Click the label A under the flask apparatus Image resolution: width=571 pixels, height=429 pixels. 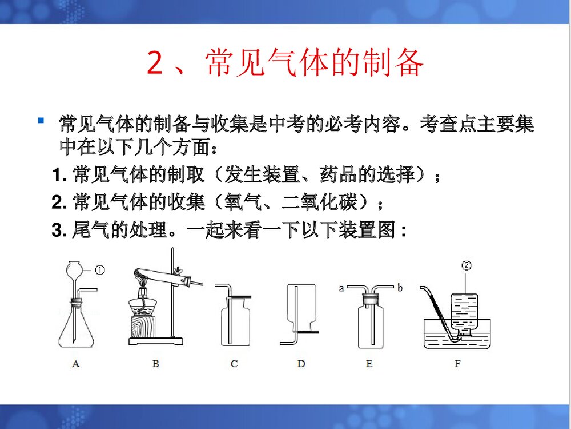76,364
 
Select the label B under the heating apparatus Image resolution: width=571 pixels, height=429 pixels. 155,364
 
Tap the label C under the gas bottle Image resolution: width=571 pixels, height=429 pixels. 234,364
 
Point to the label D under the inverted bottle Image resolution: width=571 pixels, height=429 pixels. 301,364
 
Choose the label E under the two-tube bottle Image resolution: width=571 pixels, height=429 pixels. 369,364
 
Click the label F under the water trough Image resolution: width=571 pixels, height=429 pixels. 457,364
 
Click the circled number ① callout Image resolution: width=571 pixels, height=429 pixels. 99,270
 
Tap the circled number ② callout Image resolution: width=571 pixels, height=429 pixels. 467,265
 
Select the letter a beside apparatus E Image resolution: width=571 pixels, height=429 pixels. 341,288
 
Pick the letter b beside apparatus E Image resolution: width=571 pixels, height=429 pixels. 400,288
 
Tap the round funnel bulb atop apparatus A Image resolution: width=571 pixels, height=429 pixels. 75,268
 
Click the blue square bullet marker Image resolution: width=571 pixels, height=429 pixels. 41,121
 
